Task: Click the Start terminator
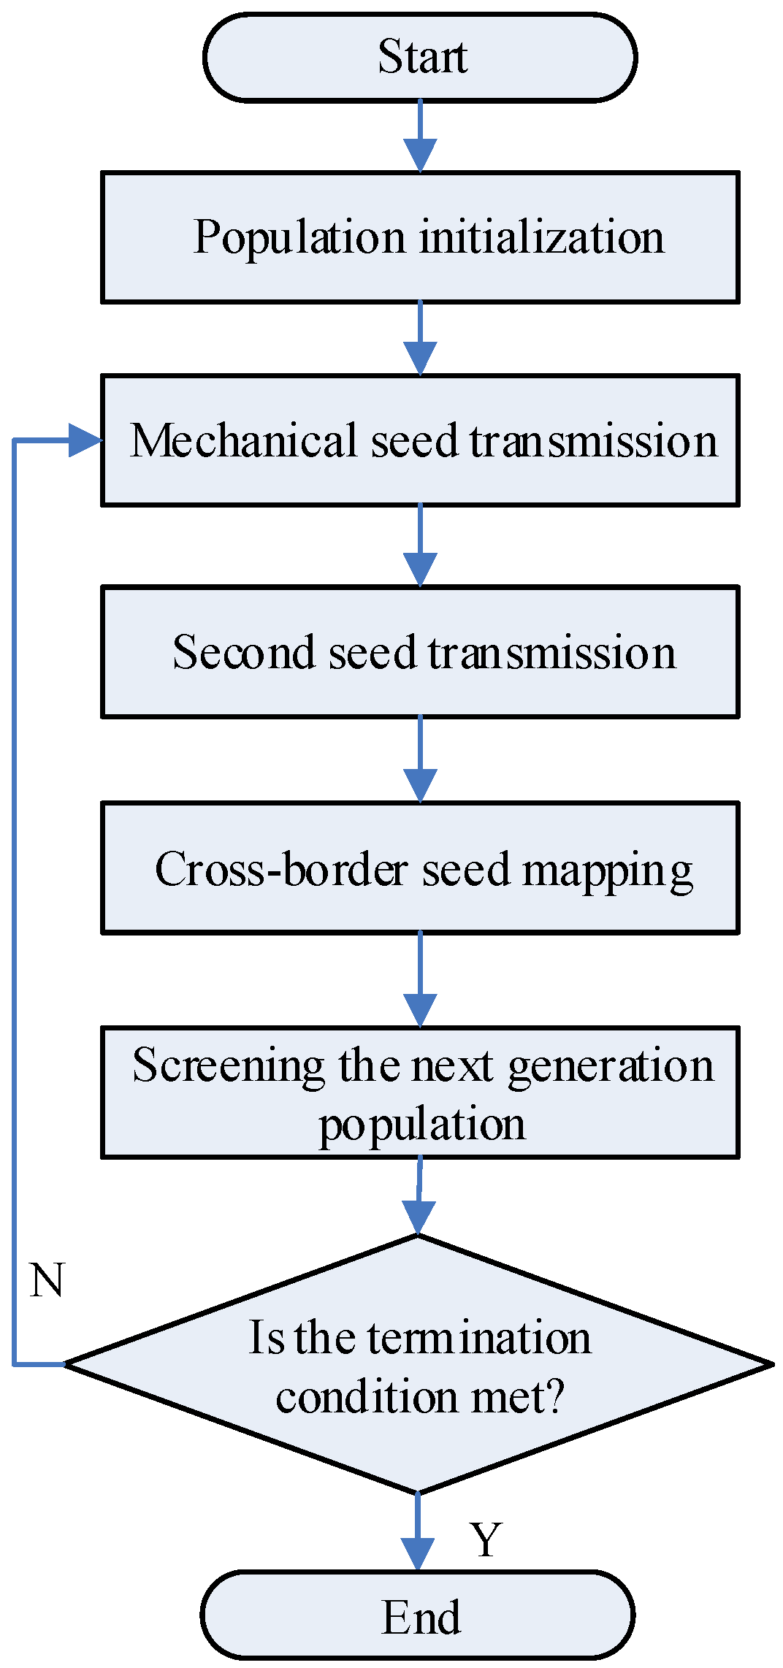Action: tap(420, 57)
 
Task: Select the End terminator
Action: tap(418, 1615)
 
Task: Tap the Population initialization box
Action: tap(420, 237)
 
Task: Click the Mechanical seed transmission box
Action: tap(420, 440)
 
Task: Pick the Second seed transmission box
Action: tap(420, 651)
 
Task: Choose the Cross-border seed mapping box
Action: tap(420, 868)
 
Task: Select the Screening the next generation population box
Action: tap(420, 1093)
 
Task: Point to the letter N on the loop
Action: tap(47, 1281)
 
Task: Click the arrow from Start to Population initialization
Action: tap(420, 137)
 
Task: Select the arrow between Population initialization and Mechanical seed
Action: tap(420, 340)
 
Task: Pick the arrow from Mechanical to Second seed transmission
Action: tap(420, 546)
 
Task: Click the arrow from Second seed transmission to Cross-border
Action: tap(420, 760)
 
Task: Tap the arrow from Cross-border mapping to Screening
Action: tap(420, 981)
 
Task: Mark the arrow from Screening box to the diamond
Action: tap(419, 1198)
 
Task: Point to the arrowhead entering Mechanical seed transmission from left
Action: tap(85, 440)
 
